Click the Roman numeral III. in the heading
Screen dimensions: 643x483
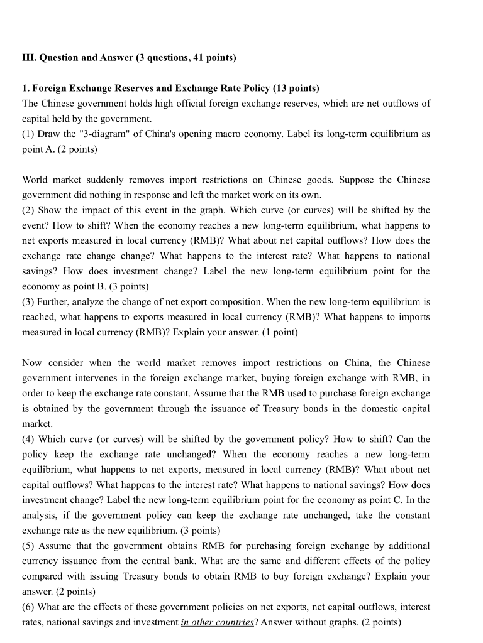(29, 58)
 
